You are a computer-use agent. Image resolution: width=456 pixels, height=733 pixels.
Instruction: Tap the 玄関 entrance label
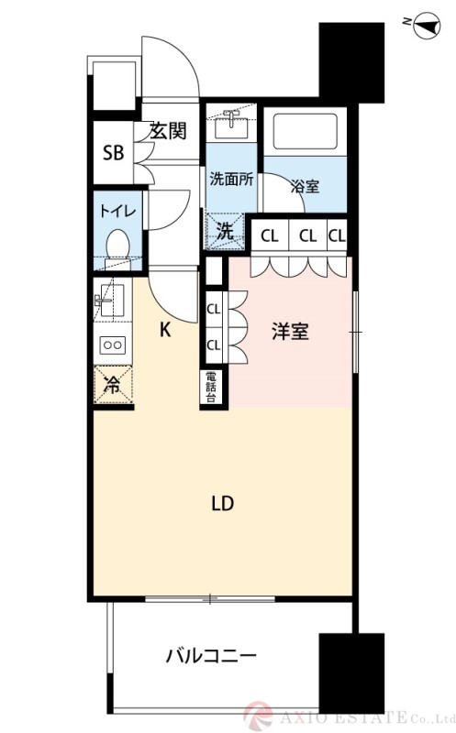click(168, 131)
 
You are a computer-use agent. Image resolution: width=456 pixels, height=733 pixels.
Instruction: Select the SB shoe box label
click(113, 152)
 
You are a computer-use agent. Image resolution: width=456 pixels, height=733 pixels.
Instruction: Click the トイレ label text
click(117, 211)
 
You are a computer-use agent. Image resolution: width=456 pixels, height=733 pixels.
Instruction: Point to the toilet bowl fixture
click(117, 246)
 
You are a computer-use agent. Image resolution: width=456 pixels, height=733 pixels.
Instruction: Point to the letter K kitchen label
click(166, 331)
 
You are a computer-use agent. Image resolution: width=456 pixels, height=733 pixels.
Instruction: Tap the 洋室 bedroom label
click(290, 332)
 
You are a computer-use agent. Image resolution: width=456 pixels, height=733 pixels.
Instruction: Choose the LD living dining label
click(223, 503)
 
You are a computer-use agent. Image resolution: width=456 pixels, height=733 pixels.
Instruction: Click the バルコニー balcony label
click(211, 656)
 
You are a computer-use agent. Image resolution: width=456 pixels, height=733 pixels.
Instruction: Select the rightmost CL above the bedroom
click(337, 235)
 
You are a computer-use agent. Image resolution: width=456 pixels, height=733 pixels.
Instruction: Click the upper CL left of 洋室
click(213, 310)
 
